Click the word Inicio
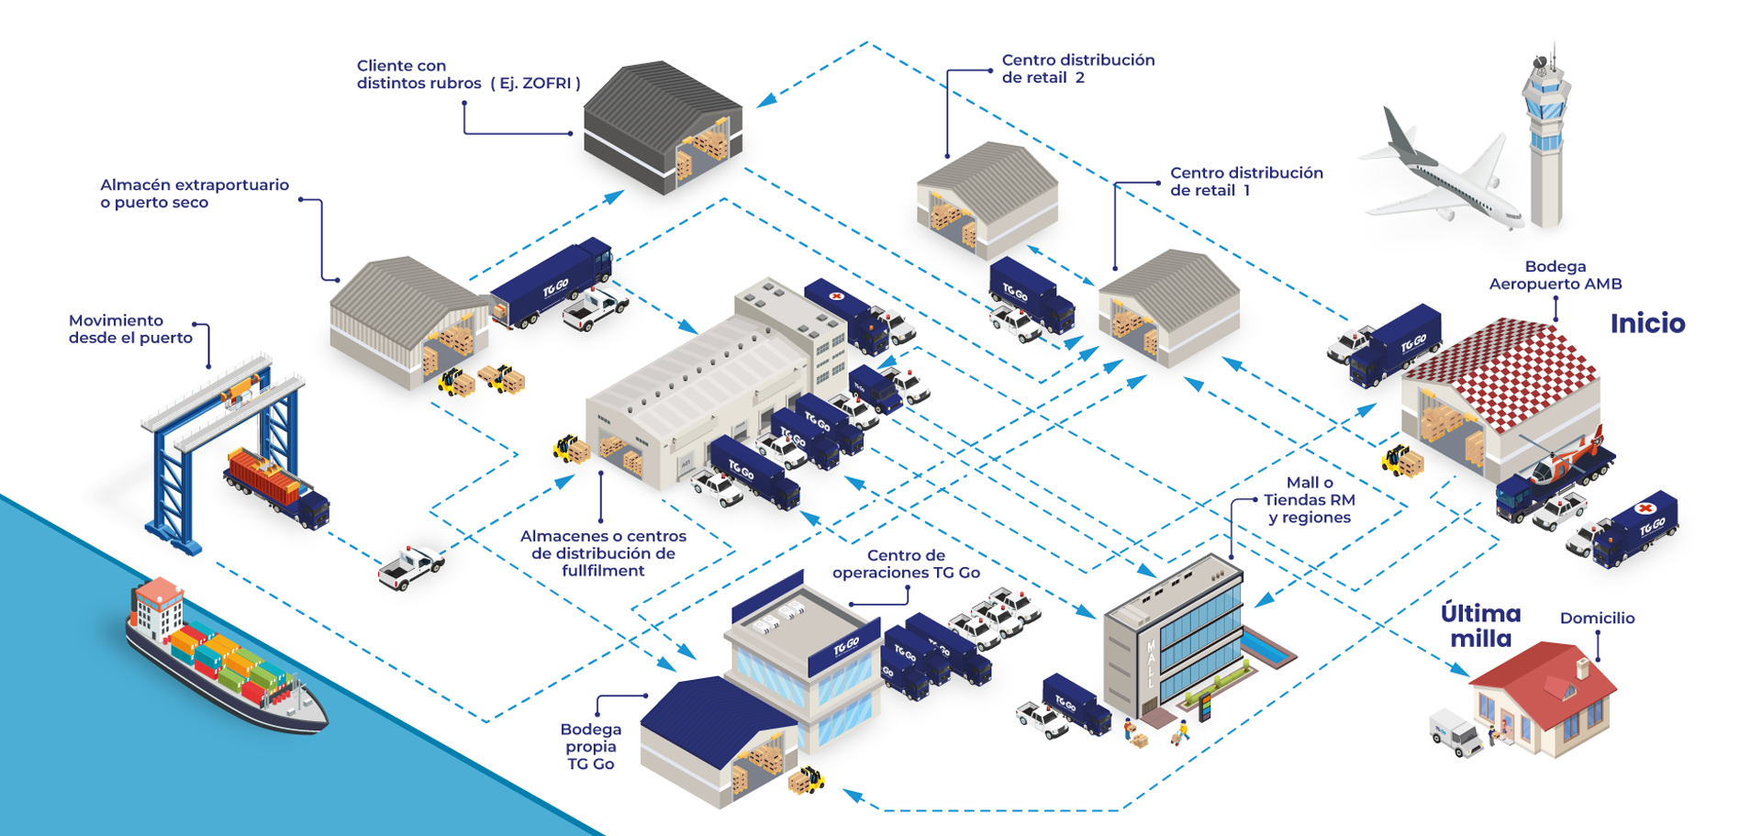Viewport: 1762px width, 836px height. click(x=1647, y=323)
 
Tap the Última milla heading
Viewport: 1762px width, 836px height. click(x=1480, y=626)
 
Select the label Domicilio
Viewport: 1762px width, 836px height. click(x=1597, y=619)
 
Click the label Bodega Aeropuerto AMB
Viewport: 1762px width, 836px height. click(x=1555, y=275)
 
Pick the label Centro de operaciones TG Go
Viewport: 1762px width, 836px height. click(x=906, y=564)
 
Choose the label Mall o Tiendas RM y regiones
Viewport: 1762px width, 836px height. click(x=1309, y=500)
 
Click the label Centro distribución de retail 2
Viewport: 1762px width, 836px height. click(x=1077, y=69)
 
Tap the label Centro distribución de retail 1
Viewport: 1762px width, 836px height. click(x=1245, y=182)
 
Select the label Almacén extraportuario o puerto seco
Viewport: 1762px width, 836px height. click(x=194, y=194)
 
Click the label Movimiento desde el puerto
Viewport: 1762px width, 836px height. click(x=130, y=329)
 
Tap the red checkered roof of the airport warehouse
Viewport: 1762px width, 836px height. click(x=1505, y=367)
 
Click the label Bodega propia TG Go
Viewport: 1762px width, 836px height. click(x=590, y=746)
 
